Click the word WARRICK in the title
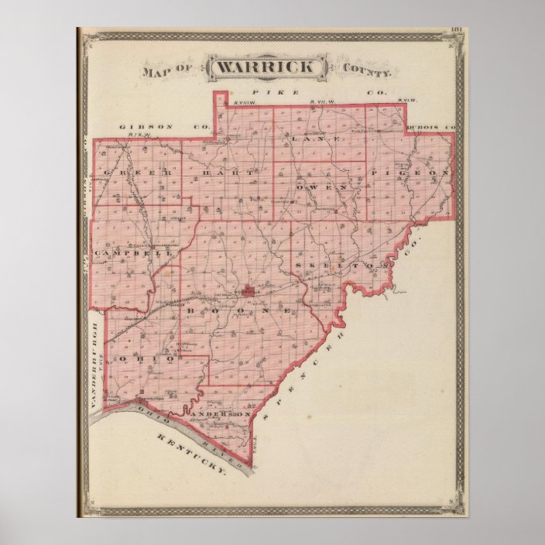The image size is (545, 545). (x=266, y=67)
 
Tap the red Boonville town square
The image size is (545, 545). (x=249, y=292)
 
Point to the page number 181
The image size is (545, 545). (x=456, y=30)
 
